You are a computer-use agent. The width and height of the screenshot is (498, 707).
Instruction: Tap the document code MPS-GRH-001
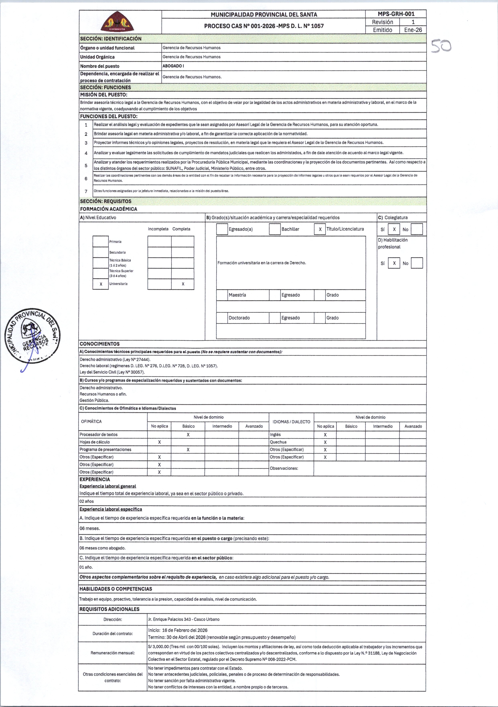tap(396, 14)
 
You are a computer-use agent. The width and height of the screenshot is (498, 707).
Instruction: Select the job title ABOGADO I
tap(173, 66)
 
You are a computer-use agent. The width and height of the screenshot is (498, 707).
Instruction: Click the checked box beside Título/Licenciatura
tap(320, 229)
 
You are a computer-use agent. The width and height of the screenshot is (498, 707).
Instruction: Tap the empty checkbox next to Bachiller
tap(274, 229)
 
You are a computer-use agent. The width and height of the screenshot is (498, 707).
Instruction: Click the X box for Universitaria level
tap(101, 284)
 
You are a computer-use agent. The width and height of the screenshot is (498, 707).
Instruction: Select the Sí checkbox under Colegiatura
tap(394, 229)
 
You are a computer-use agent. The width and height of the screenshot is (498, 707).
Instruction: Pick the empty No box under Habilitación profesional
tap(417, 263)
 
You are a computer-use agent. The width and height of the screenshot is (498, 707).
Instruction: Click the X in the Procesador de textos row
tap(188, 435)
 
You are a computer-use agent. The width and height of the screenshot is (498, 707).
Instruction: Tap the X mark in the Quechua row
tap(325, 442)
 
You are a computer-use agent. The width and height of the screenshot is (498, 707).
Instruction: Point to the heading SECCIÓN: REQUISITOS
tap(106, 201)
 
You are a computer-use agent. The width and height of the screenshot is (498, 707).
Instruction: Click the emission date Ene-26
tap(413, 30)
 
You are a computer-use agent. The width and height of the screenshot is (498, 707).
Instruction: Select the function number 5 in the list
tap(86, 165)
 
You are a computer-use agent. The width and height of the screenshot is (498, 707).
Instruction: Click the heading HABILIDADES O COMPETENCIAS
tap(116, 589)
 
